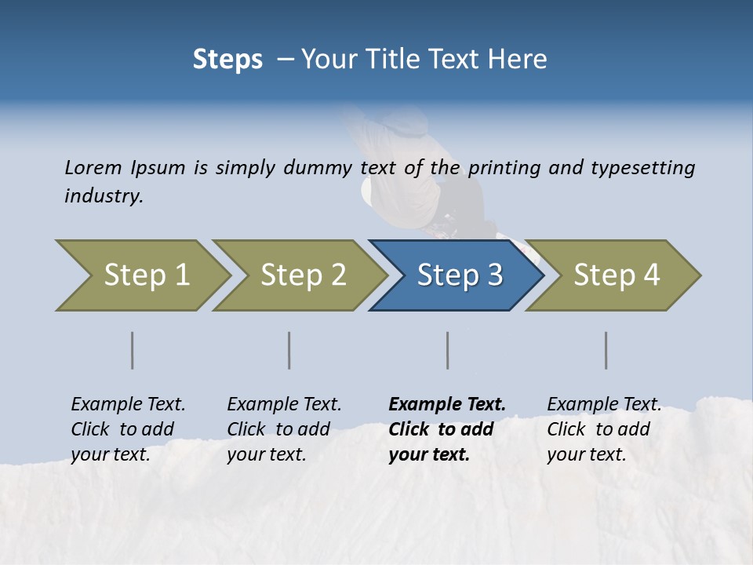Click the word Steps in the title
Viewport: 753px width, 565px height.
click(227, 60)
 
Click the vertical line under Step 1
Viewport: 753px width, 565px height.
click(133, 350)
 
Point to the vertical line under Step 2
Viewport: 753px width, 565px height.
click(289, 350)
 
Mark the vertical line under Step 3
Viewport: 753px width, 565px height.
click(448, 350)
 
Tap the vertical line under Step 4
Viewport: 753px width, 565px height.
click(606, 350)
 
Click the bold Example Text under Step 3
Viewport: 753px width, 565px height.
click(447, 429)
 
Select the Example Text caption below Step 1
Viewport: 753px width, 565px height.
click(128, 429)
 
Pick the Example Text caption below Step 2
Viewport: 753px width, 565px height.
click(284, 429)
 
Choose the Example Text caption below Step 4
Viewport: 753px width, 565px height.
click(604, 429)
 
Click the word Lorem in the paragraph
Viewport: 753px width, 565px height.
click(93, 168)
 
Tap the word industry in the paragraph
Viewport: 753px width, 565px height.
click(103, 196)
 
